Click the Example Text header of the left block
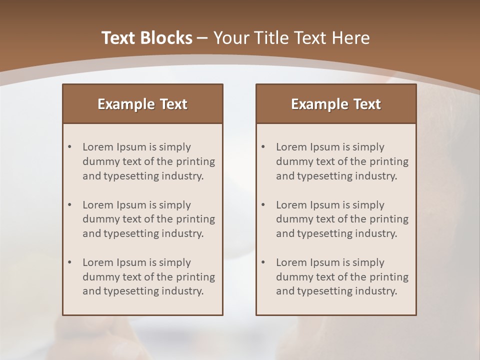[x=142, y=104]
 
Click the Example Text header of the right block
[x=336, y=104]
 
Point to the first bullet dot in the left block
[x=69, y=147]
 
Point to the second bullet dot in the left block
[x=69, y=205]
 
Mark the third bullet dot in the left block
[x=69, y=262]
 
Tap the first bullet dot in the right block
[x=263, y=147]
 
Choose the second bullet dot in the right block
[x=263, y=205]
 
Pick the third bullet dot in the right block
[x=263, y=262]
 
